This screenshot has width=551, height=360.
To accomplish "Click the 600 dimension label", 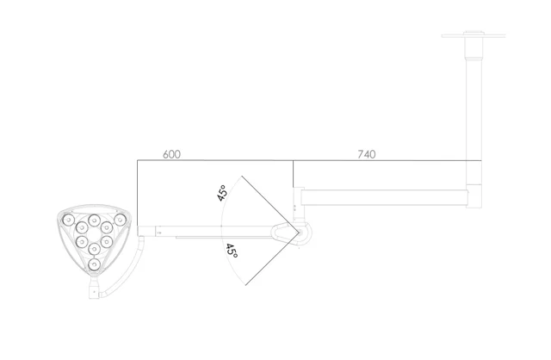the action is tap(171, 154).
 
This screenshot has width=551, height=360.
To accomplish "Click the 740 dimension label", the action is tap(367, 154).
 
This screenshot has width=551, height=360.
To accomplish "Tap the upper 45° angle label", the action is tap(222, 193).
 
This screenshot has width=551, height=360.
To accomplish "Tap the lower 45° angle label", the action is tap(232, 251).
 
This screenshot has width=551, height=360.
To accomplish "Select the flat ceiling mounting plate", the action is tap(474, 35).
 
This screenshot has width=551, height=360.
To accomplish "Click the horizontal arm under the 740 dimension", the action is tap(385, 197).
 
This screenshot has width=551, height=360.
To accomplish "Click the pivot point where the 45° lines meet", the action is tap(299, 232).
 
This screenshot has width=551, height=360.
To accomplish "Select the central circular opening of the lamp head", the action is tap(94, 234).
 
